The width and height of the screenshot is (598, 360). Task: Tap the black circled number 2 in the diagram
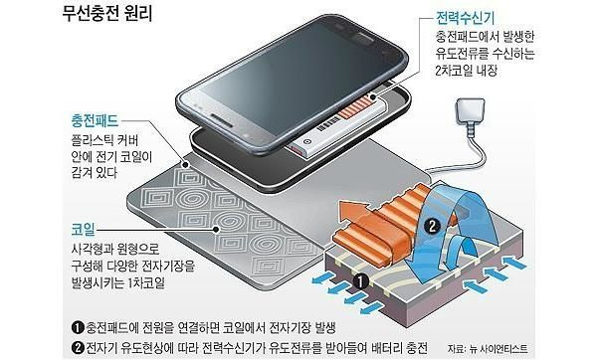point(433,225)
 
